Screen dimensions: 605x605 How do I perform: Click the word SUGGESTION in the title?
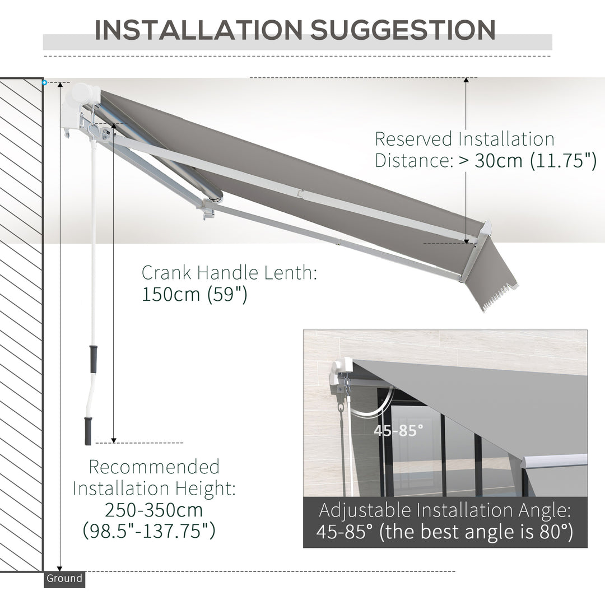pyautogui.click(x=403, y=30)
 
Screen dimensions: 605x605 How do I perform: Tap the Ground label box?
pyautogui.click(x=64, y=579)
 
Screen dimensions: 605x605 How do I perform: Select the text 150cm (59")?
pyautogui.click(x=194, y=294)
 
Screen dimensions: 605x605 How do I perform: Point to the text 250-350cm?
pyautogui.click(x=153, y=510)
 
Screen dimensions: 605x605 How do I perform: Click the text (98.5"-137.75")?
pyautogui.click(x=149, y=530)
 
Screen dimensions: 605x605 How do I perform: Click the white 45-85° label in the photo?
pyautogui.click(x=399, y=431)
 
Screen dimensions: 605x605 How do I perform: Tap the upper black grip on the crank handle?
pyautogui.click(x=93, y=359)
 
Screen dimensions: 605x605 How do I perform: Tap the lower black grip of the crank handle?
pyautogui.click(x=88, y=431)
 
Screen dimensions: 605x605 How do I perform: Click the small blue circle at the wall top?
pyautogui.click(x=44, y=83)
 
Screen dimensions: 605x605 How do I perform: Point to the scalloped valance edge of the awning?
pyautogui.click(x=497, y=295)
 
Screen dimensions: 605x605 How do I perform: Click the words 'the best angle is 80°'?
pyautogui.click(x=476, y=532)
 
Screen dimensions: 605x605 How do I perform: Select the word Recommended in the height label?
pyautogui.click(x=154, y=467)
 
